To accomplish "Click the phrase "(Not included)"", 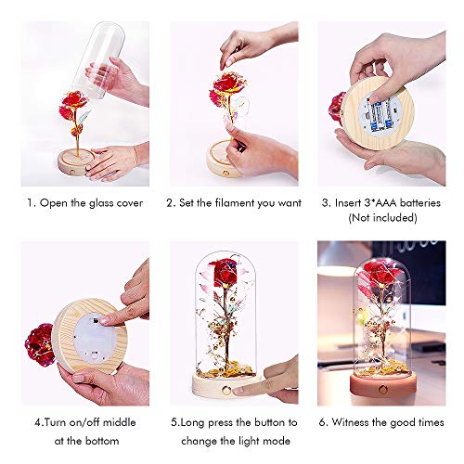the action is (x=382, y=218).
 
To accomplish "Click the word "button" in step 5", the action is (x=271, y=422).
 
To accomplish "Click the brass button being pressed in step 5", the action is (x=226, y=391).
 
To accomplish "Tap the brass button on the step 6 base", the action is (x=383, y=390).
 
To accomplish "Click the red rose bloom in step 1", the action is (x=72, y=104).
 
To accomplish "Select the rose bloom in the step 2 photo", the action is (x=225, y=86).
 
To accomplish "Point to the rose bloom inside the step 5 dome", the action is (x=222, y=273).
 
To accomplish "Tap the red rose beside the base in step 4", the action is (x=40, y=344).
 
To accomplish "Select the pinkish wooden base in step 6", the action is (x=383, y=387).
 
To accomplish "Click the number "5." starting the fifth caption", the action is (x=175, y=422).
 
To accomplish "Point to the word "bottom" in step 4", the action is (x=101, y=441).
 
